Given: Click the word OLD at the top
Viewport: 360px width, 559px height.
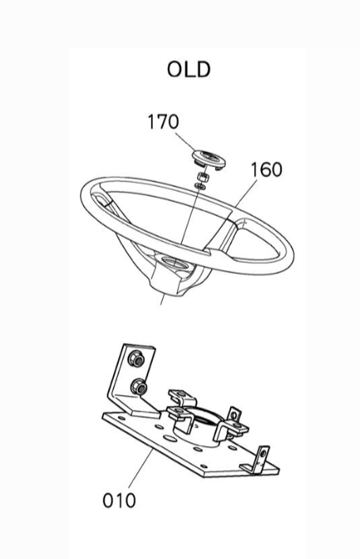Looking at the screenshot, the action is pyautogui.click(x=189, y=70).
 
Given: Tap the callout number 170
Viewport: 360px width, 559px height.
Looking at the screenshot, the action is pyautogui.click(x=163, y=122).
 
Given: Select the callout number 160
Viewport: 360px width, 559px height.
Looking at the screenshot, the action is pyautogui.click(x=267, y=169).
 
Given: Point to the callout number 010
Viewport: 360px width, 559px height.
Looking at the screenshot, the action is pyautogui.click(x=119, y=500).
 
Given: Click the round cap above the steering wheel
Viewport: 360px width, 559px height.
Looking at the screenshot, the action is pyautogui.click(x=209, y=159).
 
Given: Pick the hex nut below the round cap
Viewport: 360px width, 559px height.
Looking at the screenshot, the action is pyautogui.click(x=203, y=177).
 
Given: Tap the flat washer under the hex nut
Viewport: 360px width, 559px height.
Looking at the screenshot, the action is pyautogui.click(x=199, y=186).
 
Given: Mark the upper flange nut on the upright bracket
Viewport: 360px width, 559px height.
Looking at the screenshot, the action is pyautogui.click(x=136, y=359).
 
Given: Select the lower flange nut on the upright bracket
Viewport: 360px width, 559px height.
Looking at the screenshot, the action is pyautogui.click(x=138, y=387).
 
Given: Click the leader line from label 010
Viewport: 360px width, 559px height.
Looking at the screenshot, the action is pyautogui.click(x=141, y=468).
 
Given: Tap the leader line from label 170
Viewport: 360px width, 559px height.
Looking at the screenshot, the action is pyautogui.click(x=185, y=143).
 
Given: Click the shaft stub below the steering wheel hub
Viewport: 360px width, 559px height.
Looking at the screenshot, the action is pyautogui.click(x=162, y=299).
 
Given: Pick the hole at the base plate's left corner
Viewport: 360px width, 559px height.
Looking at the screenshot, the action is pyautogui.click(x=121, y=418).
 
